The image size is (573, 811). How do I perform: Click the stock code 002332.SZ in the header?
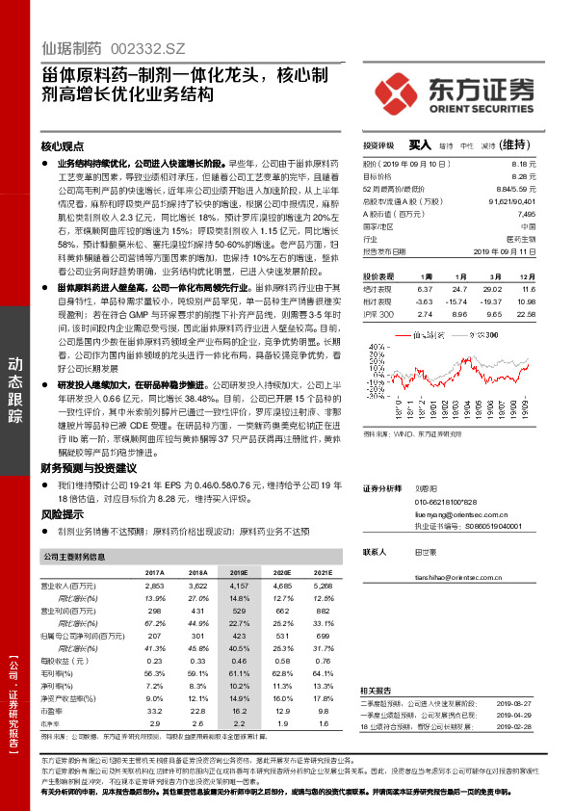(147, 46)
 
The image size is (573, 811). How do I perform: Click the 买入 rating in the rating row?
(419, 144)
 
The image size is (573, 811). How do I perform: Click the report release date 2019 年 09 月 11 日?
(504, 252)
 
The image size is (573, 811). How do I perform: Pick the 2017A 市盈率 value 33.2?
(154, 709)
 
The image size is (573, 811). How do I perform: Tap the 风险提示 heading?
(61, 515)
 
